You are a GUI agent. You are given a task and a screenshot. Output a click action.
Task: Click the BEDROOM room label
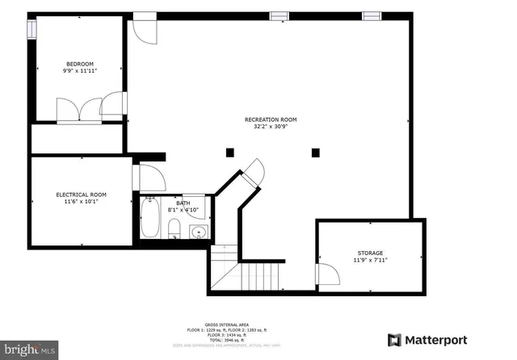[x=79, y=64]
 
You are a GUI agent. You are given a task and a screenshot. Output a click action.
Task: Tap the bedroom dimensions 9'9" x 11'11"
[x=79, y=71]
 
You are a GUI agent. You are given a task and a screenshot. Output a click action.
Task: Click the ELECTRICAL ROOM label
[x=81, y=195]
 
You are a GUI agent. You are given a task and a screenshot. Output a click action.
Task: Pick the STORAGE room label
[x=370, y=253]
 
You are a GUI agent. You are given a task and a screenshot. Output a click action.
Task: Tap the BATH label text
[x=171, y=203]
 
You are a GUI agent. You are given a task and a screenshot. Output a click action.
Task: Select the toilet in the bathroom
[x=174, y=234]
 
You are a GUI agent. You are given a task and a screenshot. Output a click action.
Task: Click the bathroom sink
[x=199, y=233]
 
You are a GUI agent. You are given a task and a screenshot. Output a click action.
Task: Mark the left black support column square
[x=230, y=152]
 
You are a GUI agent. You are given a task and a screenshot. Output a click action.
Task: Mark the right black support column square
[x=315, y=152]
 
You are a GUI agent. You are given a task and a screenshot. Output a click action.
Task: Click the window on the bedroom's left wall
[x=33, y=29]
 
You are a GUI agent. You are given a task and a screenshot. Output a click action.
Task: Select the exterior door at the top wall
[x=145, y=28]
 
